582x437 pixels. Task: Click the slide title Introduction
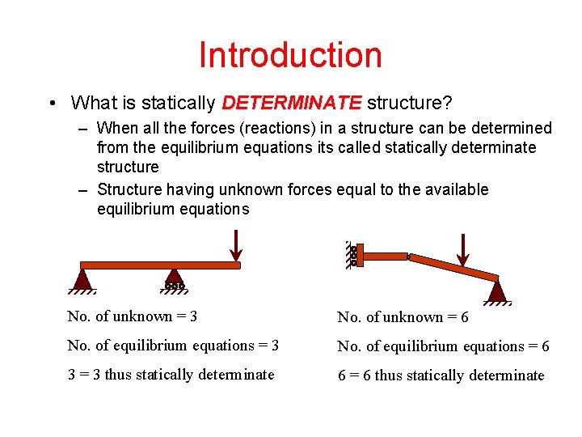[x=290, y=55]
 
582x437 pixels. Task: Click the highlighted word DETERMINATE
[x=292, y=104]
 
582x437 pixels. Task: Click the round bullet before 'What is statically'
[x=52, y=104]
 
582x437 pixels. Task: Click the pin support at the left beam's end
[x=82, y=279]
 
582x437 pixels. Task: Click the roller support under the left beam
[x=175, y=279]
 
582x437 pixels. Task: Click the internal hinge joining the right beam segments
[x=409, y=257]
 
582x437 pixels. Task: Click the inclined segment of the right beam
[x=453, y=267]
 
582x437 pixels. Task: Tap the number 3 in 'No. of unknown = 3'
[x=193, y=316]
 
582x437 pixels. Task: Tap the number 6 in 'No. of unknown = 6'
[x=464, y=317]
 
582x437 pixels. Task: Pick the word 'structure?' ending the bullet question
[x=409, y=104]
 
